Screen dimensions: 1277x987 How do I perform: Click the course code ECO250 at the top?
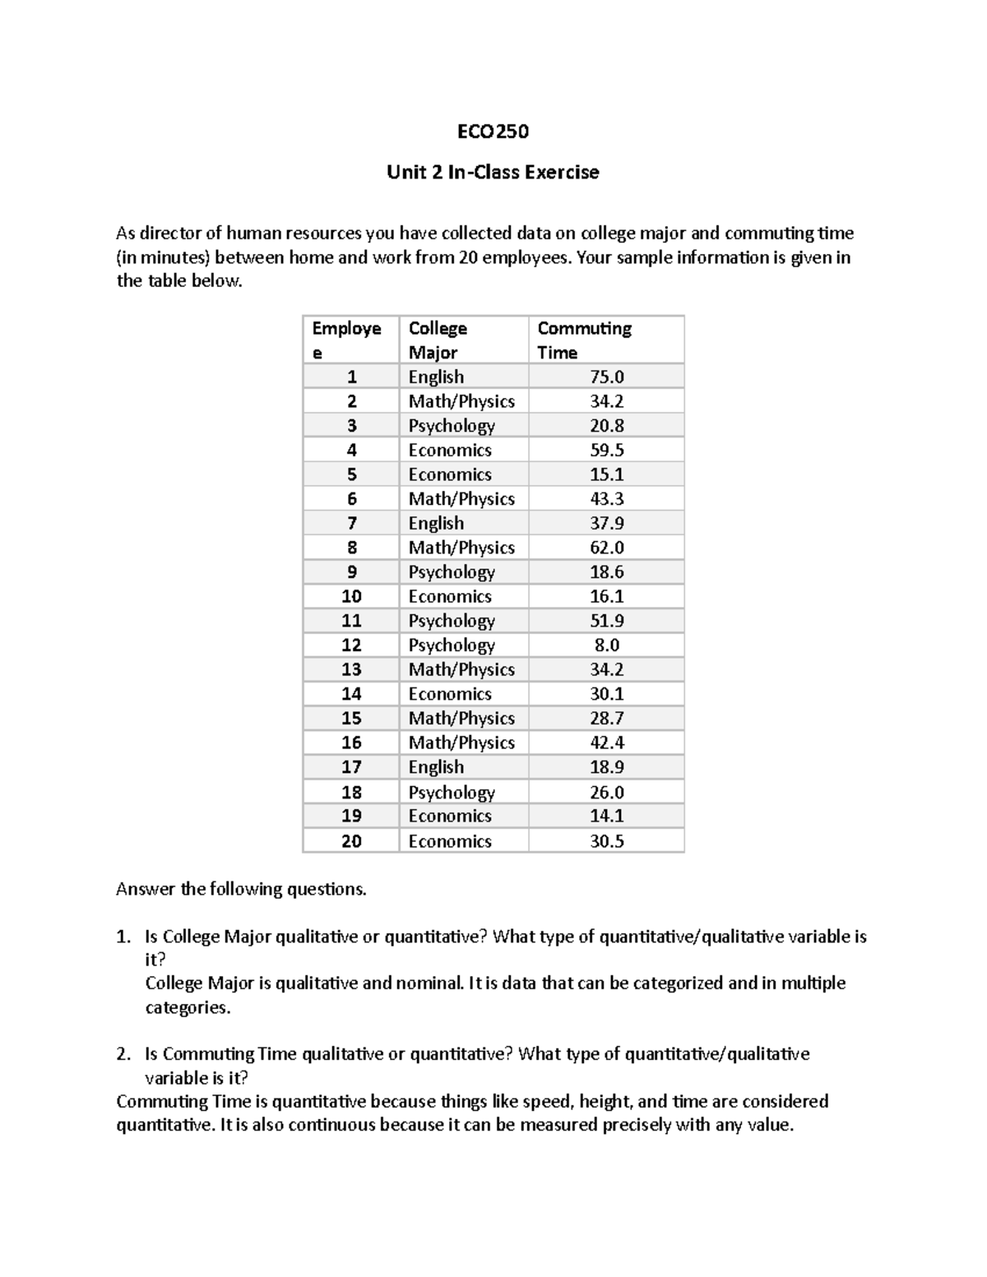coord(493,132)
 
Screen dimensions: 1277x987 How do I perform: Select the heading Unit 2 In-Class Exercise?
coord(493,173)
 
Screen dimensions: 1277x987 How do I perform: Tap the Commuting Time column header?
coord(584,340)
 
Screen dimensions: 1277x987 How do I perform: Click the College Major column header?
coord(438,340)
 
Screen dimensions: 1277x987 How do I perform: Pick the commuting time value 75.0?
coord(607,377)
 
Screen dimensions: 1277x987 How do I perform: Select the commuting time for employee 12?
coord(607,645)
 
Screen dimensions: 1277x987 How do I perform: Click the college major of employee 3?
coord(452,426)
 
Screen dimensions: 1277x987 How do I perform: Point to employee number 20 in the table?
coord(351,841)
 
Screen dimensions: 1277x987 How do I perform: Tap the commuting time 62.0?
coord(607,548)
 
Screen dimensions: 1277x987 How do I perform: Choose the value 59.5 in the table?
coord(607,450)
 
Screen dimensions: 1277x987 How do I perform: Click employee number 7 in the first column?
coord(351,523)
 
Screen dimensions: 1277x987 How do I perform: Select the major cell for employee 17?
coord(436,767)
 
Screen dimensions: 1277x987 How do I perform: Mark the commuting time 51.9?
coord(607,621)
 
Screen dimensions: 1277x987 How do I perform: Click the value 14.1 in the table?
coord(607,816)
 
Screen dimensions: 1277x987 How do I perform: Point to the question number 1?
coord(123,937)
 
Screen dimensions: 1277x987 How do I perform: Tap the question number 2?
coord(123,1054)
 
